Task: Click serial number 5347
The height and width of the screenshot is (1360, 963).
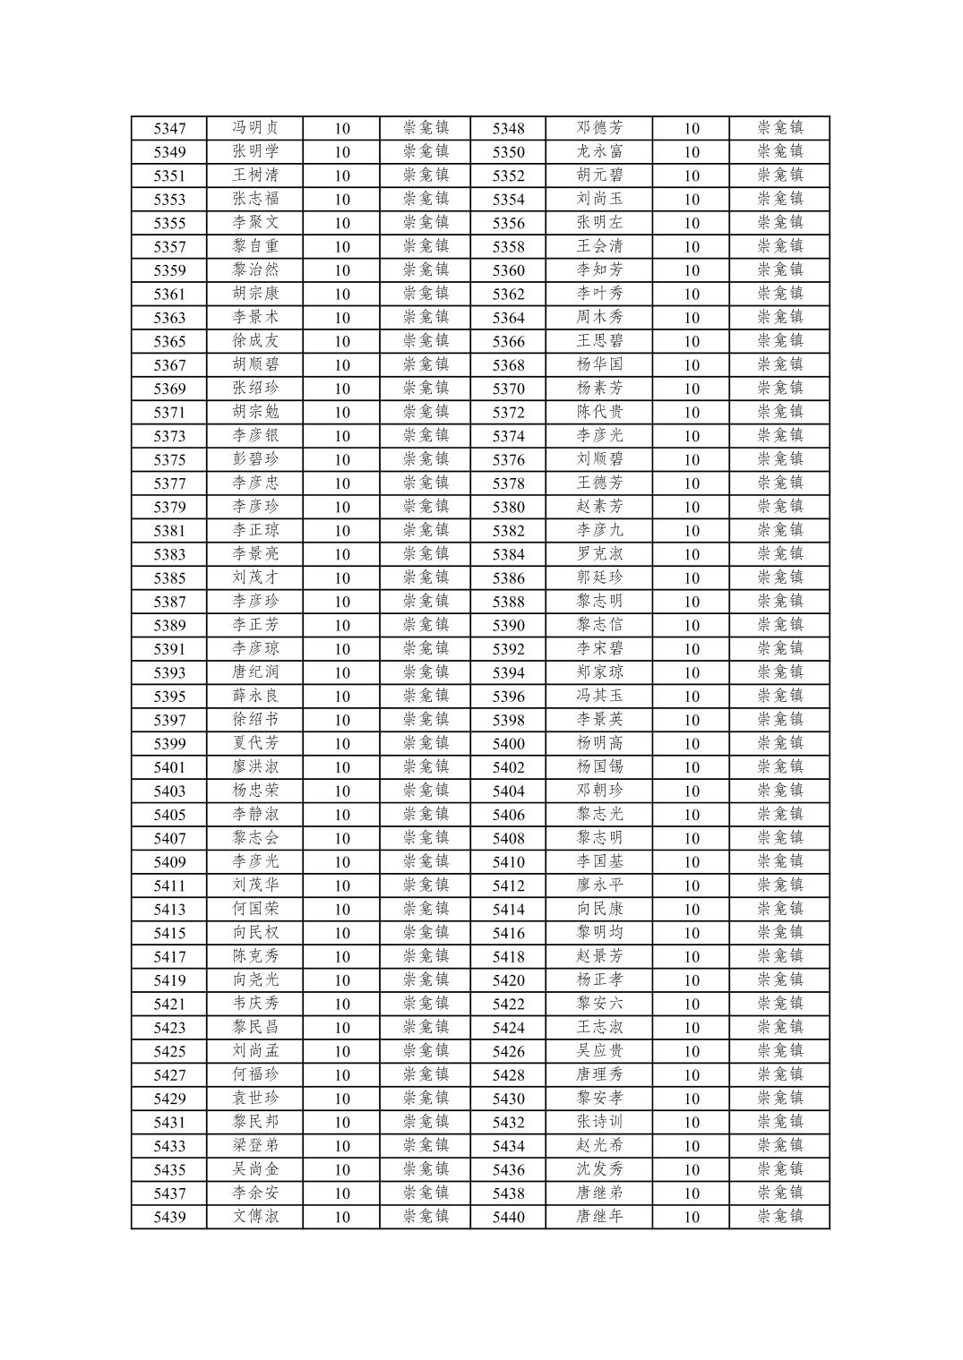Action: click(169, 128)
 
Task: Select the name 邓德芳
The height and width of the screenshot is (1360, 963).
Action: click(599, 128)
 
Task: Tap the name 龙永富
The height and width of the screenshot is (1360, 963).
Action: click(599, 152)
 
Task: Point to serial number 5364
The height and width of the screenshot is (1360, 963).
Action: click(508, 318)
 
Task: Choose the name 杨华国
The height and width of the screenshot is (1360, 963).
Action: click(599, 365)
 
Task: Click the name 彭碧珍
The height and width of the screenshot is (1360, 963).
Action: click(255, 459)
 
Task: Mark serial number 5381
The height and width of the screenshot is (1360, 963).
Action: click(169, 531)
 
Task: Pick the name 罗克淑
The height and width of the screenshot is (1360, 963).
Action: click(599, 554)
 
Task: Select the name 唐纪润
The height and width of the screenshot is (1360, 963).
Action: click(255, 672)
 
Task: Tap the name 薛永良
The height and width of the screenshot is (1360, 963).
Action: click(255, 697)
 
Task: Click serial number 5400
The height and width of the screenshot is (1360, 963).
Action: click(508, 744)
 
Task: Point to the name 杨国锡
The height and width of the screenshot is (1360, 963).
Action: click(599, 767)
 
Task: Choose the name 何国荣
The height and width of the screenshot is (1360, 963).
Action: click(255, 910)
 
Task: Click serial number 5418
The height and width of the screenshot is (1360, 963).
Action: click(508, 957)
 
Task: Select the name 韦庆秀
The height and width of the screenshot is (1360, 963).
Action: click(255, 1004)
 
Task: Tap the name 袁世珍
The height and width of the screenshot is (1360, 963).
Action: click(255, 1099)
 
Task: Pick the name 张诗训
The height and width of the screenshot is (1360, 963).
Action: click(599, 1123)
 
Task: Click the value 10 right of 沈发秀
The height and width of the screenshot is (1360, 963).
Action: click(691, 1170)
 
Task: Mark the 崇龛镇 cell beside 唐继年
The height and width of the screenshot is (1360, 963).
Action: click(779, 1217)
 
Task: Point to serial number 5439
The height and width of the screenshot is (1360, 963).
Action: click(169, 1217)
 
